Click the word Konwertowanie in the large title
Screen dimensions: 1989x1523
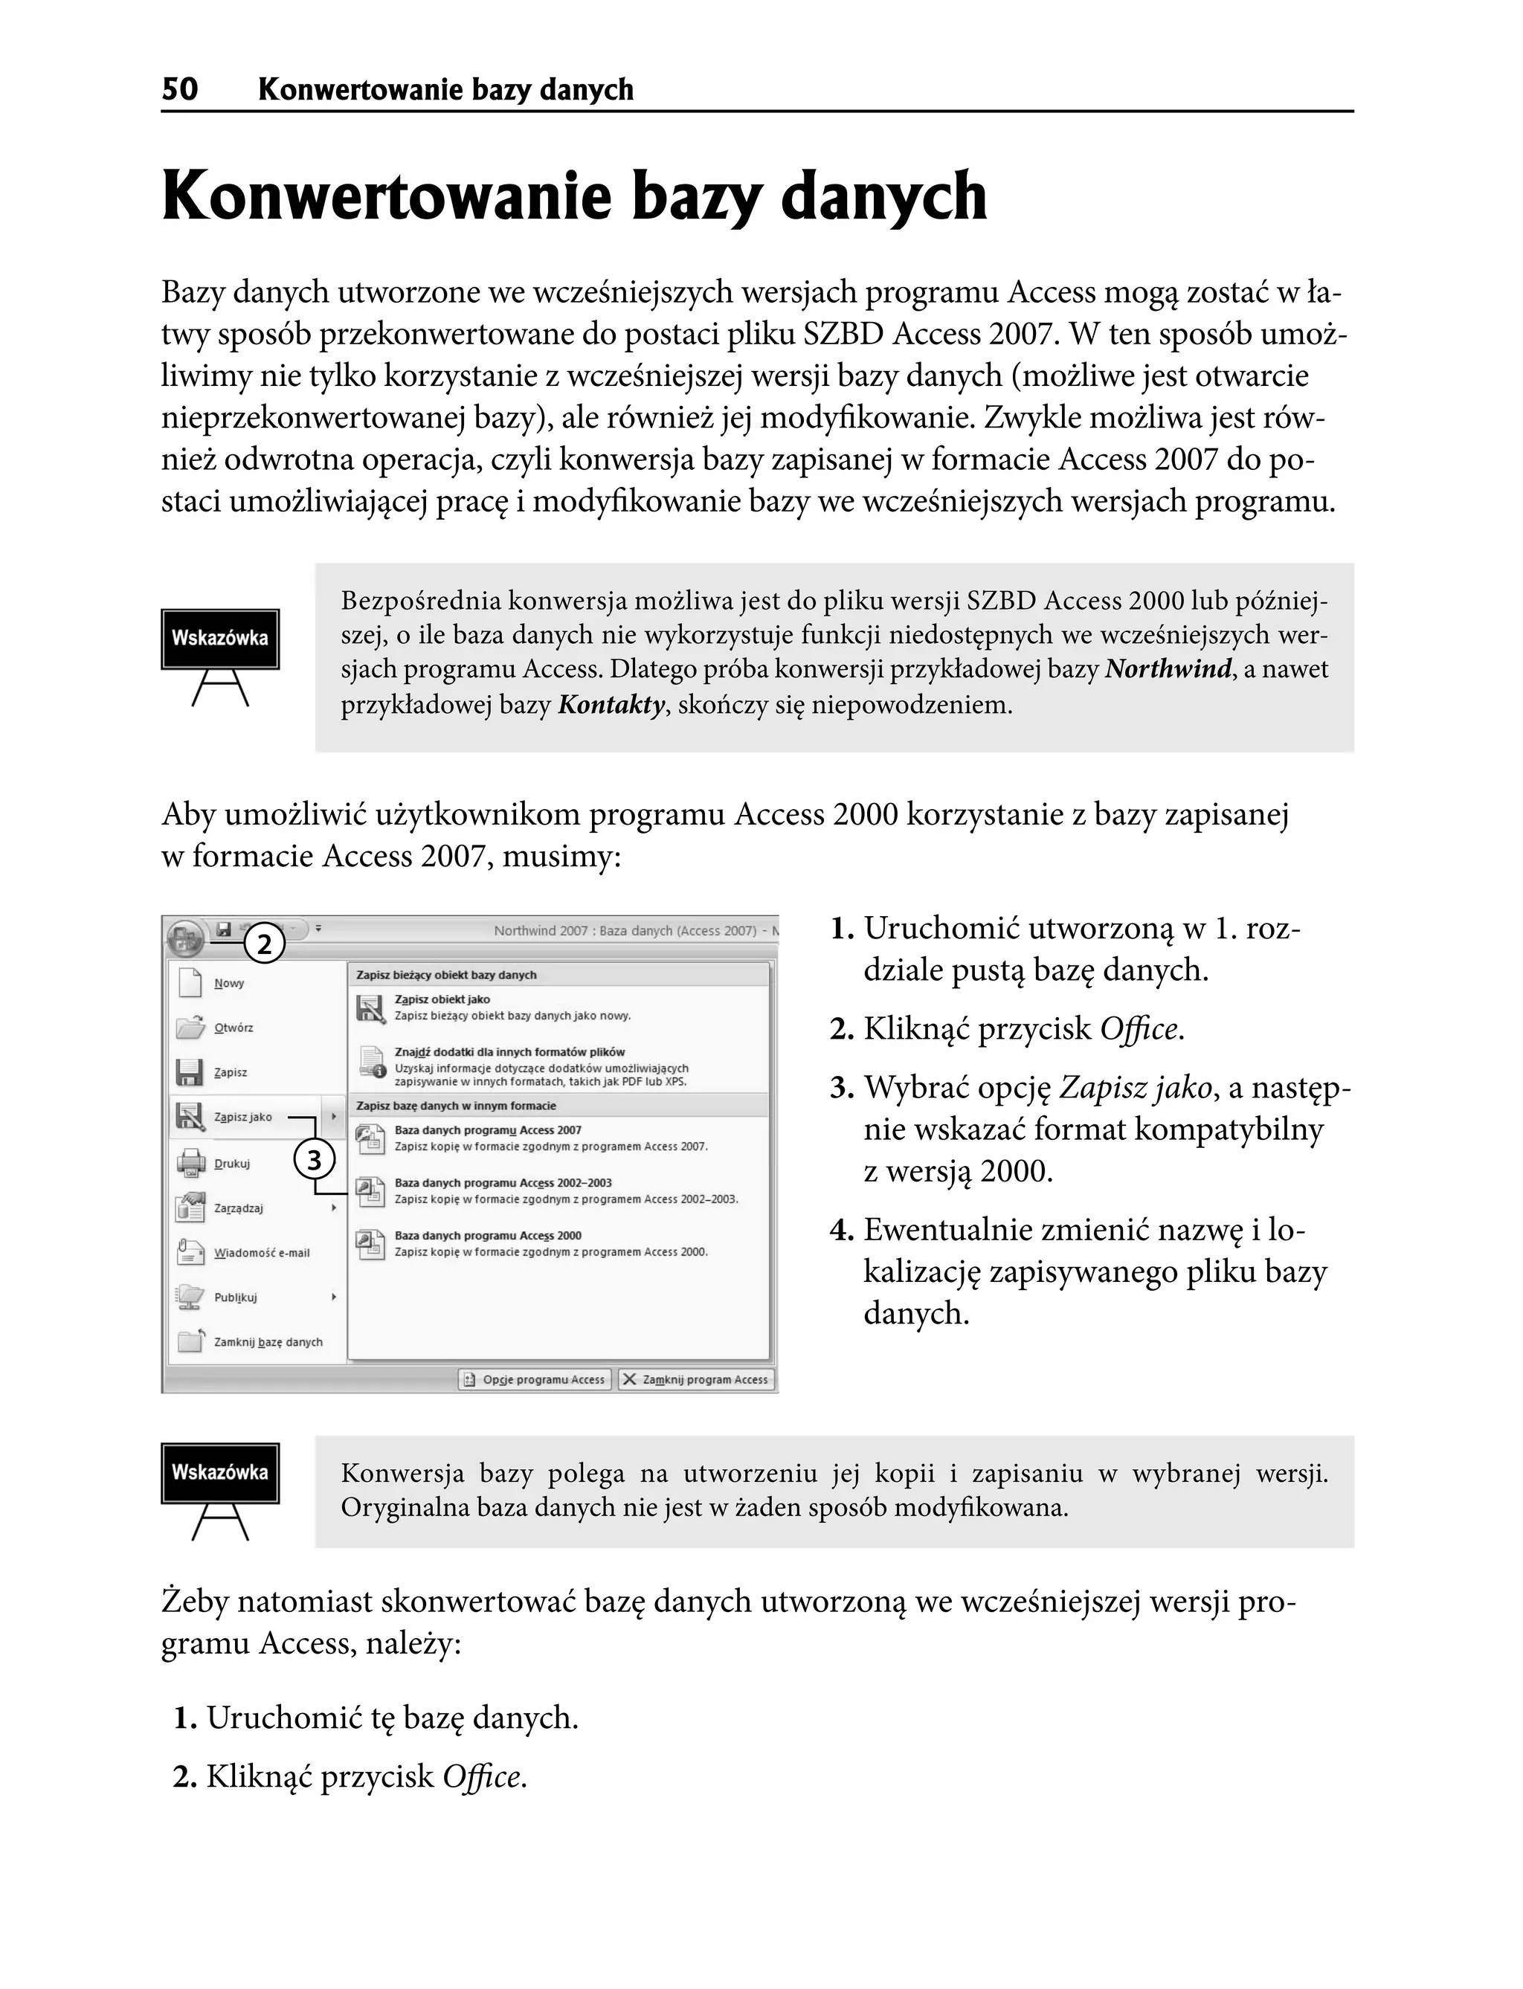(x=386, y=197)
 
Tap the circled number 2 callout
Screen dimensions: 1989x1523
(x=264, y=946)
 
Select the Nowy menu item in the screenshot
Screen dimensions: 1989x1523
(x=228, y=984)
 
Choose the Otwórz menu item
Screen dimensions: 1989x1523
(x=233, y=1028)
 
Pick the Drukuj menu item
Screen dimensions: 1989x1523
(x=231, y=1163)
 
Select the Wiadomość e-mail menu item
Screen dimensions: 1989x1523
(x=261, y=1253)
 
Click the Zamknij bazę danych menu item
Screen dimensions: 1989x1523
(x=268, y=1341)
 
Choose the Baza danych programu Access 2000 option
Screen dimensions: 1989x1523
(x=488, y=1236)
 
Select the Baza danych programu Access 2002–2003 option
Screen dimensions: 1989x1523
(x=503, y=1183)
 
